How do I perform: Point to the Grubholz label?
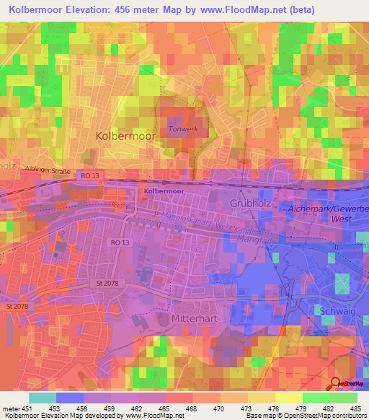[x=250, y=203]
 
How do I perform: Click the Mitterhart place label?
[x=195, y=317]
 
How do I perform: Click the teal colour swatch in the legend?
[x=43, y=398]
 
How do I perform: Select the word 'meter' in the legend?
[x=11, y=408]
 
